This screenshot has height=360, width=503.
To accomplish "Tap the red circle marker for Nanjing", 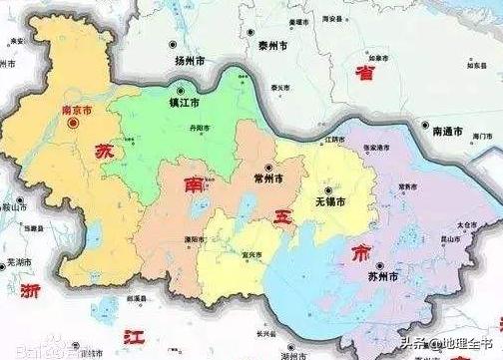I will click(72, 124).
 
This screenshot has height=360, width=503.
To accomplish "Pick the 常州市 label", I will click(274, 180).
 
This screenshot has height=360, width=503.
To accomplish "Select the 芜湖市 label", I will click(19, 263).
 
